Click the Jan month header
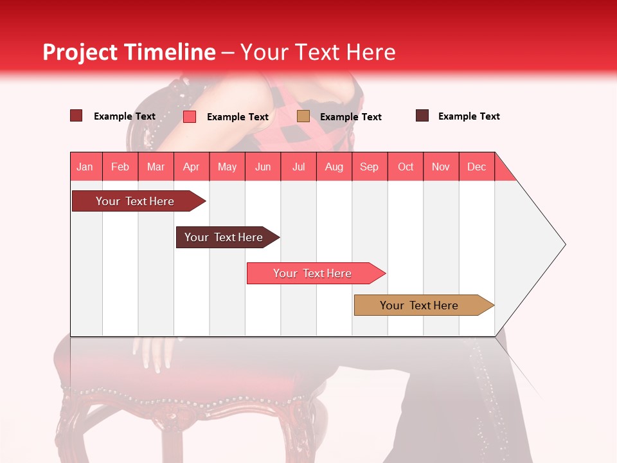85,167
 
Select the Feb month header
120,167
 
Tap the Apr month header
192,167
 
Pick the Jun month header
263,167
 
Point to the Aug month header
334,167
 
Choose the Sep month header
370,167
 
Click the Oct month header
406,167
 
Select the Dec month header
477,167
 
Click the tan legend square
303,116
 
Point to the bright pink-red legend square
190,116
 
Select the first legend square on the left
76,116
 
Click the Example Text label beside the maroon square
469,116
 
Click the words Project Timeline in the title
129,52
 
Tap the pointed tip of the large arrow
564,244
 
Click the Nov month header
441,167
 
